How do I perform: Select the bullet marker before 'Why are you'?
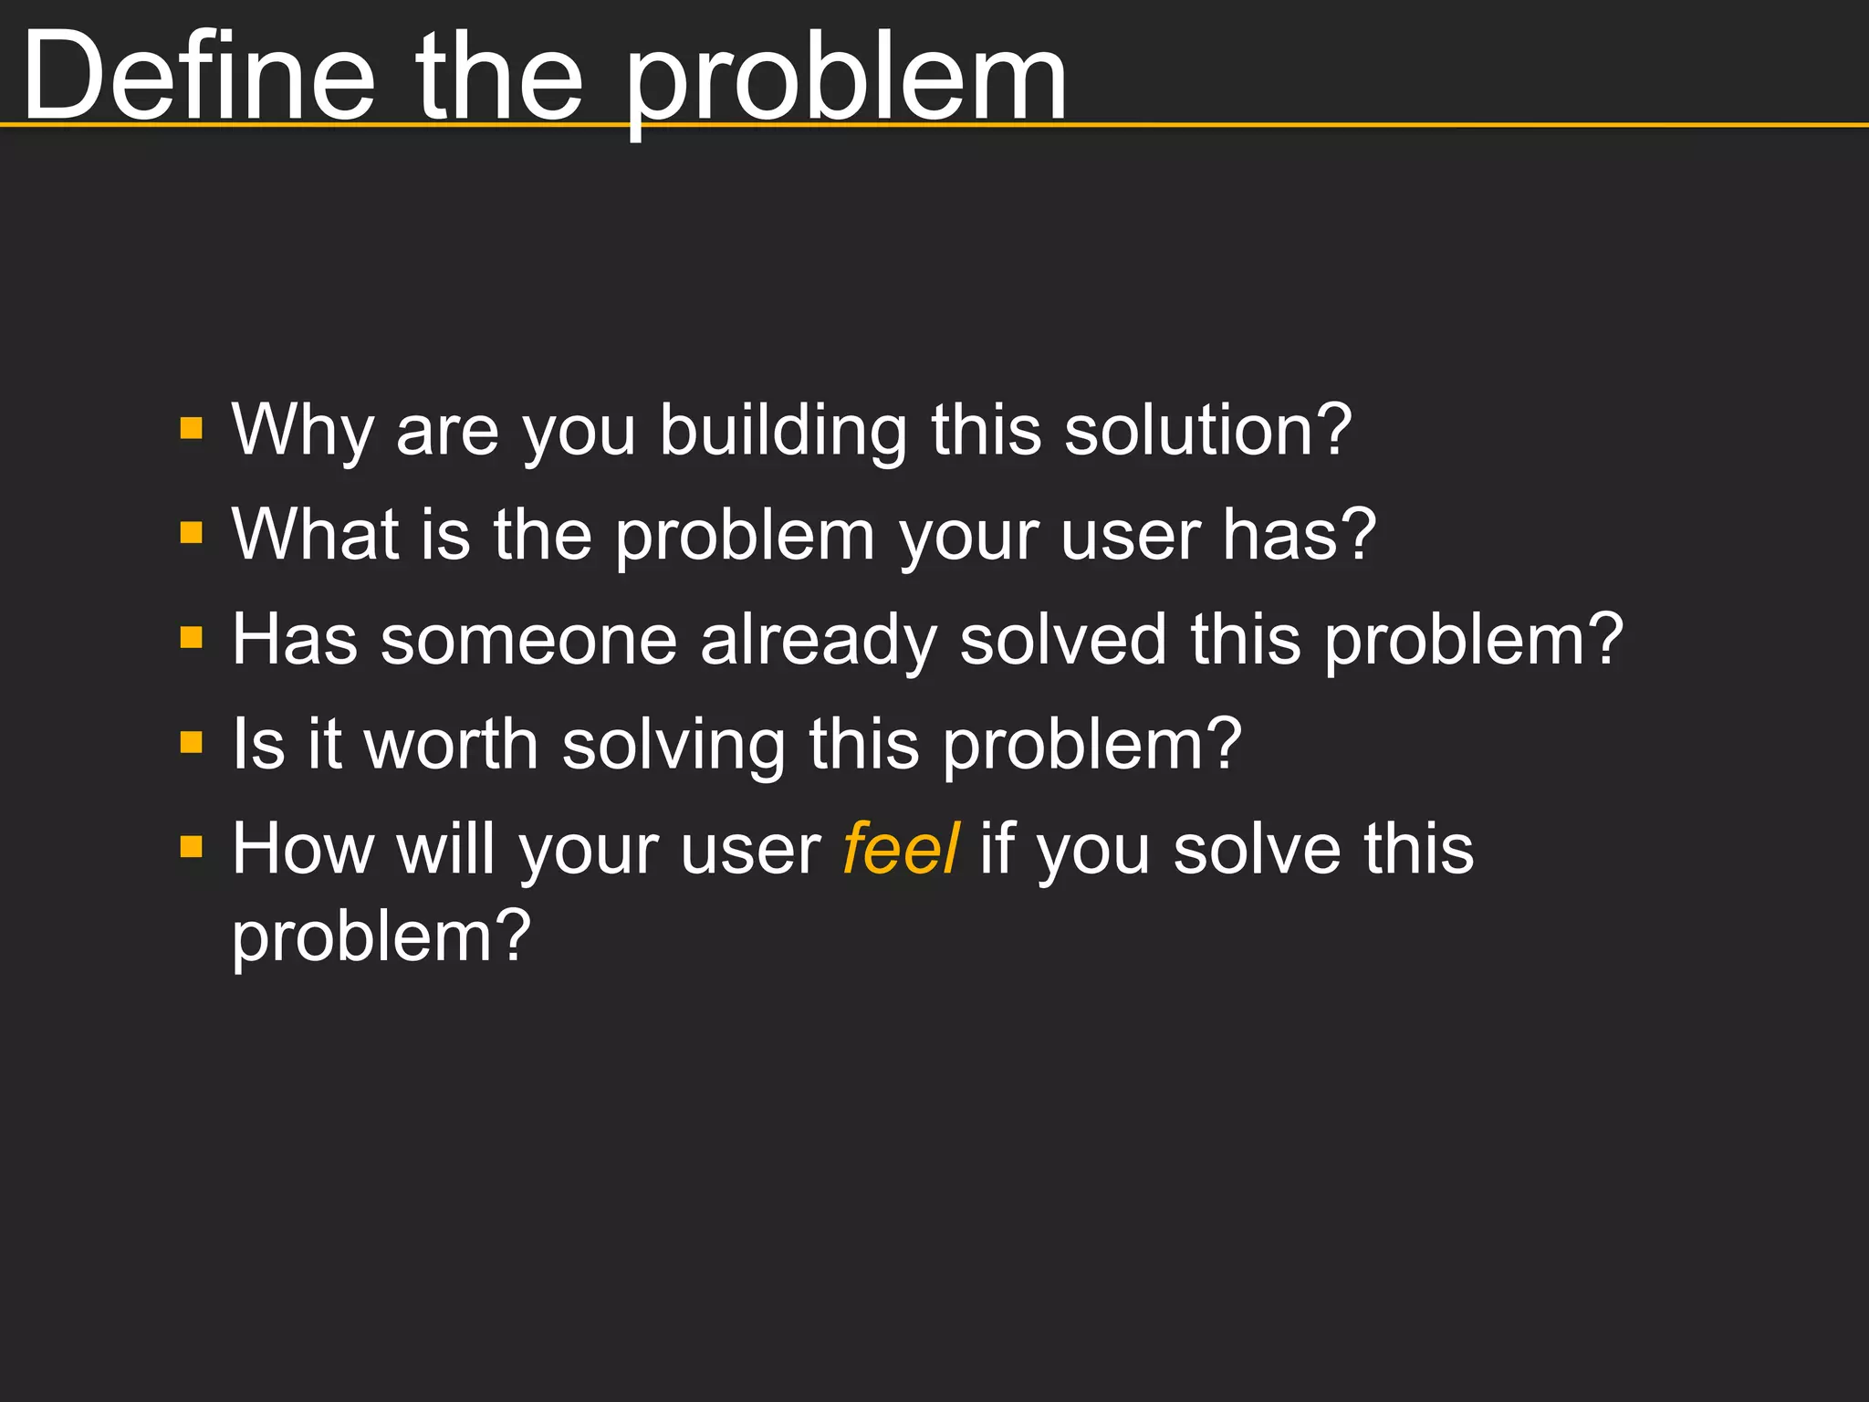pyautogui.click(x=192, y=428)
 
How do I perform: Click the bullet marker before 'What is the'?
pyautogui.click(x=192, y=532)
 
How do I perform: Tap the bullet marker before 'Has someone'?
pyautogui.click(x=192, y=637)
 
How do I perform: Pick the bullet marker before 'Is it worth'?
pyautogui.click(x=192, y=742)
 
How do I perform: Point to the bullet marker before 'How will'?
pyautogui.click(x=192, y=847)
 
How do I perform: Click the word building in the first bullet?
pyautogui.click(x=783, y=431)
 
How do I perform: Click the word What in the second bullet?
pyautogui.click(x=315, y=534)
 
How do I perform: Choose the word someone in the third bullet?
pyautogui.click(x=528, y=639)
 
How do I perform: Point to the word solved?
pyautogui.click(x=1063, y=639)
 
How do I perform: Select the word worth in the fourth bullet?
pyautogui.click(x=451, y=744)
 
